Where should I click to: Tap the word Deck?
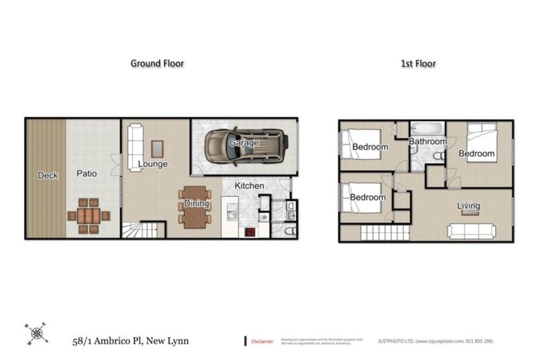click(49, 174)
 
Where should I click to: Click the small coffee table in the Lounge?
click(157, 148)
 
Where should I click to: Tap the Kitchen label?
click(249, 186)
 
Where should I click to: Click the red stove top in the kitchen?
click(250, 231)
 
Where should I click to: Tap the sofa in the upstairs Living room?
click(472, 231)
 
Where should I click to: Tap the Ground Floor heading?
click(157, 63)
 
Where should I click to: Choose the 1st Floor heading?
click(418, 63)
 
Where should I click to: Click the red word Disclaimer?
click(263, 341)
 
